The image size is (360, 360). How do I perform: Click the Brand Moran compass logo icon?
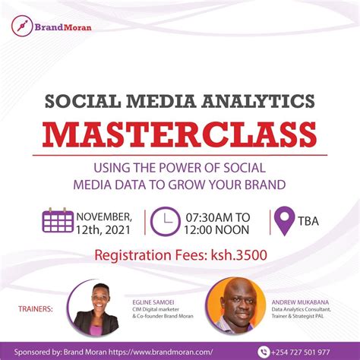pos(22,25)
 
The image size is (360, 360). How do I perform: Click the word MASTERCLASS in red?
pos(179,134)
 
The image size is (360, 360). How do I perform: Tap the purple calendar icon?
pos(58,220)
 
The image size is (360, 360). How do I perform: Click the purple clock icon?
pos(165,221)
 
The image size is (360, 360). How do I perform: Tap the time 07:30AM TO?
pos(217,214)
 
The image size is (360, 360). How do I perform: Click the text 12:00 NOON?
pos(217,228)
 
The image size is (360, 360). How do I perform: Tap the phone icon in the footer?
pos(264,352)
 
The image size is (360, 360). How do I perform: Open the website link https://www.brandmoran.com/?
pos(172,352)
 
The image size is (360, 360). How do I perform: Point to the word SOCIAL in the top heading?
pos(76,99)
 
